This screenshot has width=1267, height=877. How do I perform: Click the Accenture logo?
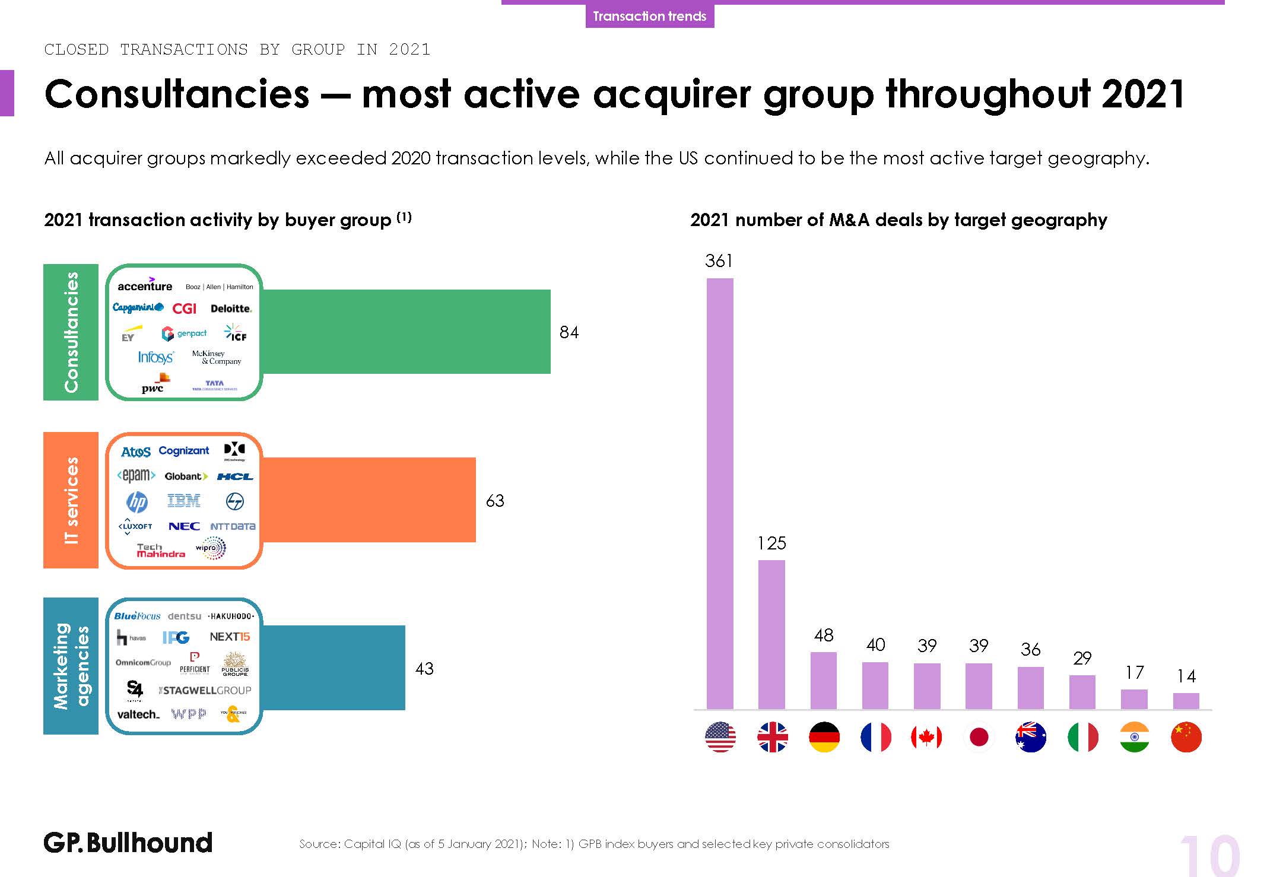(x=145, y=285)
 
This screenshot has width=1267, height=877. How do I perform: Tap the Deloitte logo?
(x=231, y=309)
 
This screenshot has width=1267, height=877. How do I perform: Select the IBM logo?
(x=184, y=501)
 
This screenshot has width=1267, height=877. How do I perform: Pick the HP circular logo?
(x=137, y=503)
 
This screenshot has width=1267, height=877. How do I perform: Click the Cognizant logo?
(x=184, y=451)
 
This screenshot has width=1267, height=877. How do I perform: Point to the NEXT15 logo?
(x=230, y=637)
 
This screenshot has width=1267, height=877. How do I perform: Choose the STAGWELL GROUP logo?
(x=205, y=690)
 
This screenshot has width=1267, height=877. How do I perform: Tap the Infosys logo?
(x=155, y=357)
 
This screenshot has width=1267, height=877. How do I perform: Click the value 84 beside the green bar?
(x=569, y=332)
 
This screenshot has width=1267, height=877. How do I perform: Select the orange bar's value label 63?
(x=495, y=501)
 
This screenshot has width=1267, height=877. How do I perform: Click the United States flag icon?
(x=720, y=737)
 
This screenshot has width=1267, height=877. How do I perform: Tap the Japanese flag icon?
(x=979, y=737)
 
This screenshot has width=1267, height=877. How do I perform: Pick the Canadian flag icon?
(x=926, y=737)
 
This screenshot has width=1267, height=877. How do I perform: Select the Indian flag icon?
(x=1134, y=737)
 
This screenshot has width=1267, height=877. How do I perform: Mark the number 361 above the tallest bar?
(x=719, y=261)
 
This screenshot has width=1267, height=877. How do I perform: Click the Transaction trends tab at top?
(x=649, y=16)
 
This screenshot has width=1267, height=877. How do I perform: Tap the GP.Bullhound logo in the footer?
(x=128, y=843)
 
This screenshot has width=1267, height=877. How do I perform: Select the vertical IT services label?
(x=71, y=500)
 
